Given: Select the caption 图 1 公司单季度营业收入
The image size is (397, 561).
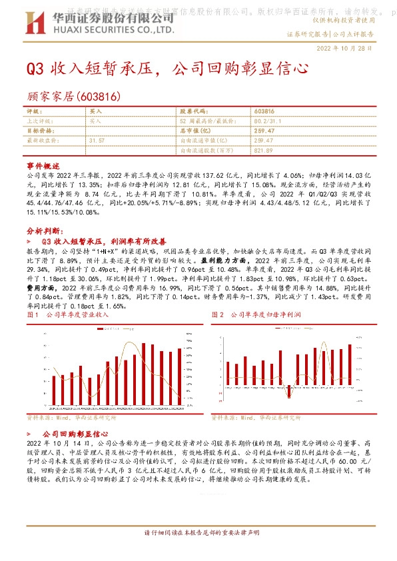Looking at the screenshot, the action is (67, 314).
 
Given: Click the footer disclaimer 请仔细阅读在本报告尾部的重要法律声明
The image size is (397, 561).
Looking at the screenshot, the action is (198, 533).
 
